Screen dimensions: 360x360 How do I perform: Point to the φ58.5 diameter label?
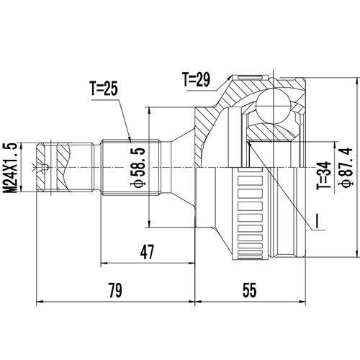(152, 166)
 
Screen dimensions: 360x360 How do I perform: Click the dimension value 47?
(148, 251)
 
